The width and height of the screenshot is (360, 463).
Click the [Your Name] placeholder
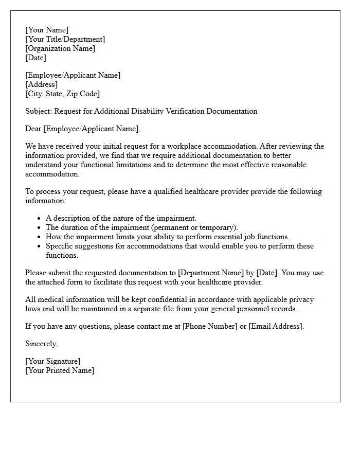coord(47,30)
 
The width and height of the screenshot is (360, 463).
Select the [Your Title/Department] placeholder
coord(65,39)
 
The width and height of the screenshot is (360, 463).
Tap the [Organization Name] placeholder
coord(60,48)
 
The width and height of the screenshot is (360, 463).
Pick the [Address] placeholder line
coord(42,84)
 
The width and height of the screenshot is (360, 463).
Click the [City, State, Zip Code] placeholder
coord(63,94)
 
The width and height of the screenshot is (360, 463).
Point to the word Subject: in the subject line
coord(39,111)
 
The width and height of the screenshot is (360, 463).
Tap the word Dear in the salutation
coord(33,129)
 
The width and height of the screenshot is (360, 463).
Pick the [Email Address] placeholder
coord(276,326)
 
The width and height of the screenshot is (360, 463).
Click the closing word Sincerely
coord(41,344)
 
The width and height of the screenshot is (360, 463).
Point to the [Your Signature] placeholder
coord(53,361)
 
